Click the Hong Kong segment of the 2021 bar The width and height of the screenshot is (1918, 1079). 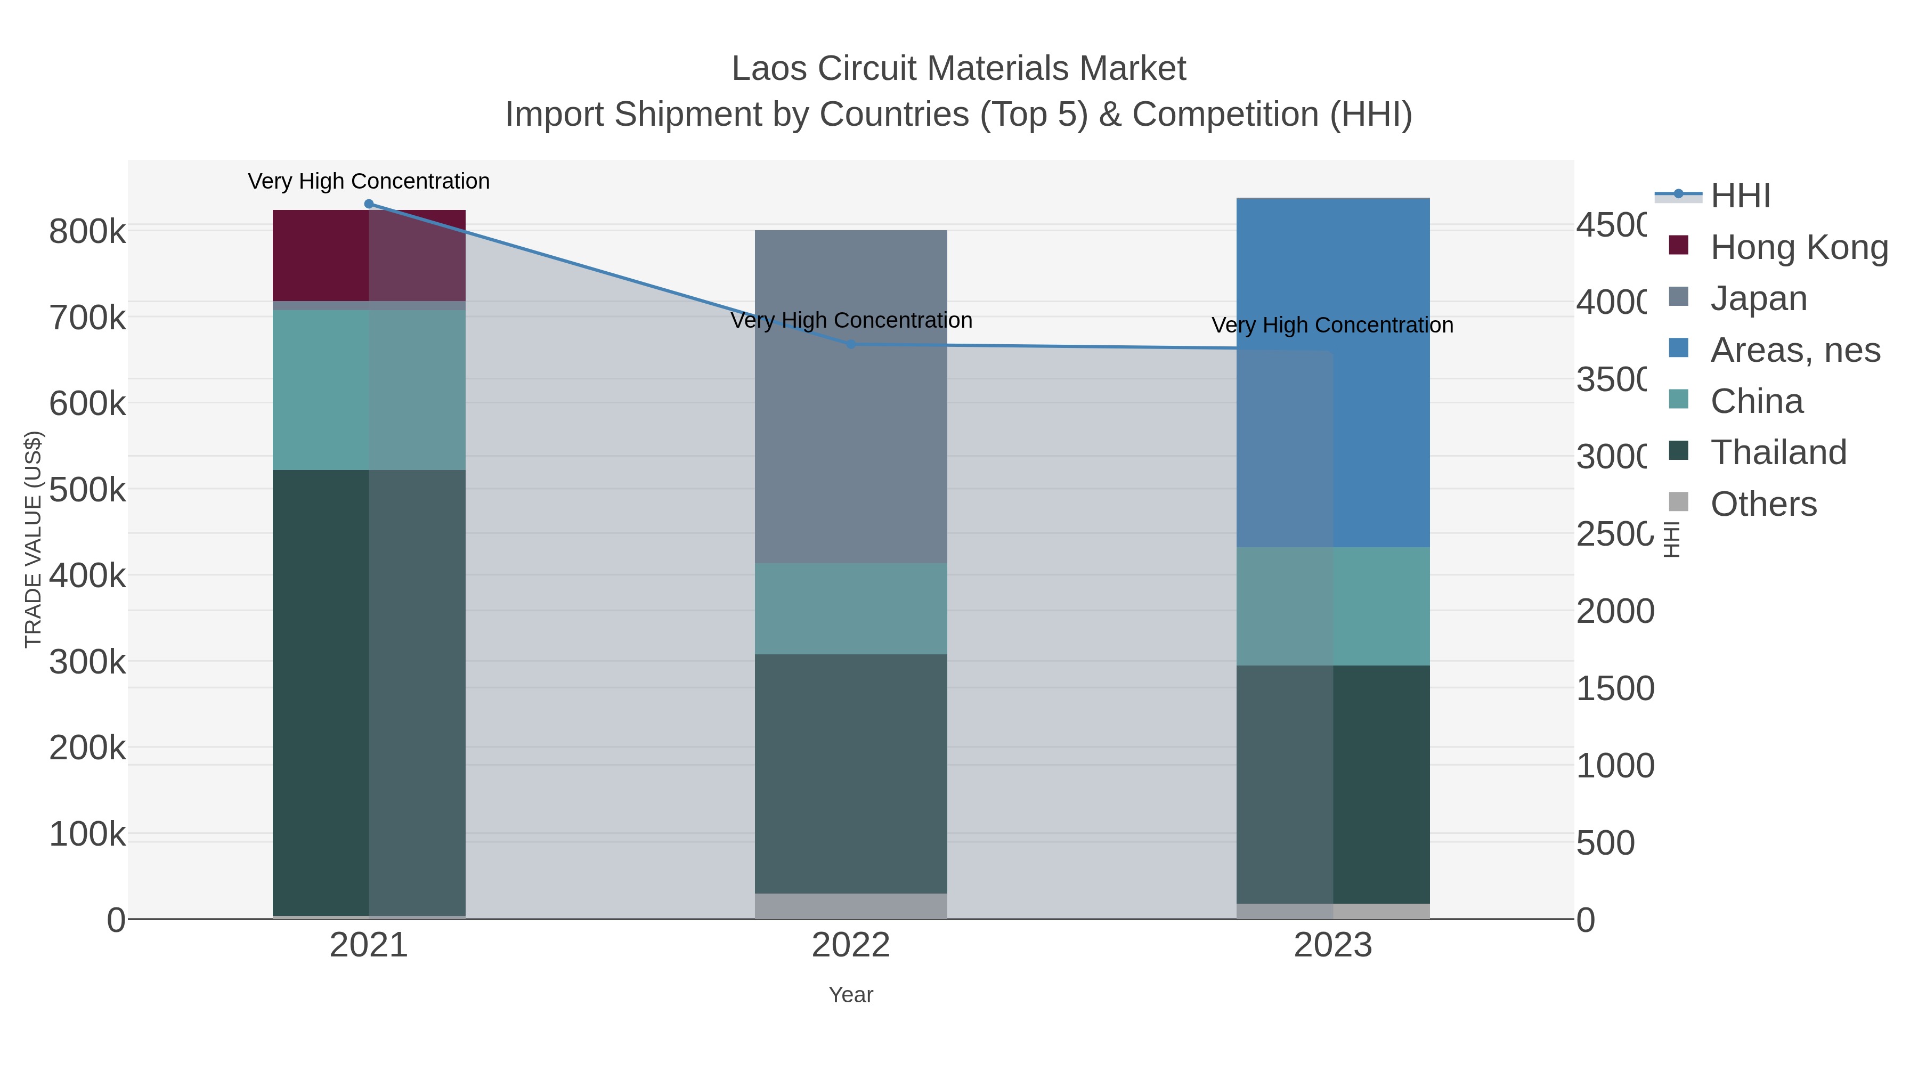(320, 255)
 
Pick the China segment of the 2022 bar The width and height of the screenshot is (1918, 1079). (850, 609)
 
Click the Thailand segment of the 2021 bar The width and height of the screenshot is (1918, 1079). (320, 693)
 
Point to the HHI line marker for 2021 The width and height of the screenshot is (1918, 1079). (369, 204)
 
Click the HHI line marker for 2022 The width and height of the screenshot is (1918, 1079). (851, 344)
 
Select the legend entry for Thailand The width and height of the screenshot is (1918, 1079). (1778, 452)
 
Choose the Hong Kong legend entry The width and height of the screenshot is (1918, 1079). (1798, 247)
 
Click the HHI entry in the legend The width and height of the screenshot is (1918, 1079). (1740, 196)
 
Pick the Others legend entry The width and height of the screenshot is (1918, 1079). (1763, 504)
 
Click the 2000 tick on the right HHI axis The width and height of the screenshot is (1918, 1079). (1614, 611)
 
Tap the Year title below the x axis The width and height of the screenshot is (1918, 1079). (850, 995)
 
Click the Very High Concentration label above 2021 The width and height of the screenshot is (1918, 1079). (369, 181)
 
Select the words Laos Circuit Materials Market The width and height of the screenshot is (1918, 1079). (958, 69)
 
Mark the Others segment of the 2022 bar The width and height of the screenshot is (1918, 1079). (850, 905)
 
